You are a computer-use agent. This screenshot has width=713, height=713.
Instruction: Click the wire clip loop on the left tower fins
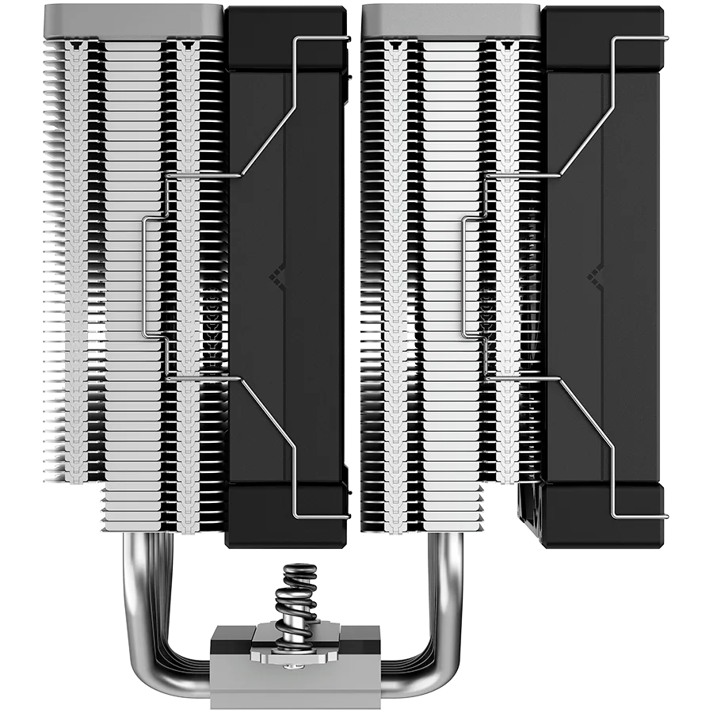coord(143,277)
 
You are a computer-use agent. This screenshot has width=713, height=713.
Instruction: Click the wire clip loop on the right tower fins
coord(465,277)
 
